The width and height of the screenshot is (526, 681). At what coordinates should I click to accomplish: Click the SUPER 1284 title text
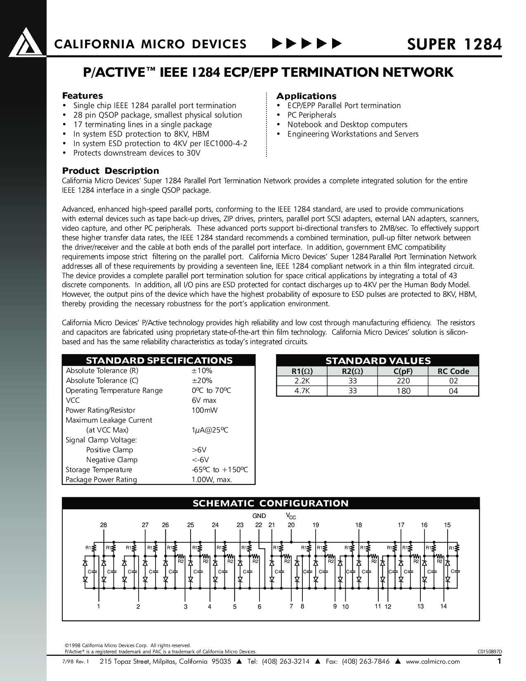pyautogui.click(x=454, y=44)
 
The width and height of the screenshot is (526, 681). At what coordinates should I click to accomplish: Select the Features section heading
pyautogui.click(x=83, y=96)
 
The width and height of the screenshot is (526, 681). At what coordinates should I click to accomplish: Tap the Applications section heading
pyautogui.click(x=306, y=96)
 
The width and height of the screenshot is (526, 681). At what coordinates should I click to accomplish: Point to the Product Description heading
pyautogui.click(x=111, y=171)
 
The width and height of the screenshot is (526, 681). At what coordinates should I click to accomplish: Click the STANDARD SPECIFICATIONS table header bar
pyautogui.click(x=159, y=360)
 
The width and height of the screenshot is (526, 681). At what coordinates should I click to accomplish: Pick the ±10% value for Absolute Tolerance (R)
pyautogui.click(x=202, y=371)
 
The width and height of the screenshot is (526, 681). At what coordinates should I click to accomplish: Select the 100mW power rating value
pyautogui.click(x=204, y=410)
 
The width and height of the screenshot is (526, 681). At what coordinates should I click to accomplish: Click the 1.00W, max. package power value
pyautogui.click(x=212, y=480)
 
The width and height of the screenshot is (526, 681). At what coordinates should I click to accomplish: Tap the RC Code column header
pyautogui.click(x=453, y=371)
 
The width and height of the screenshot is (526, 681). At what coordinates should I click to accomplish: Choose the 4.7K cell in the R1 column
pyautogui.click(x=302, y=391)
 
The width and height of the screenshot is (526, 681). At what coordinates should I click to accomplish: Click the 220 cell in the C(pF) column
pyautogui.click(x=403, y=381)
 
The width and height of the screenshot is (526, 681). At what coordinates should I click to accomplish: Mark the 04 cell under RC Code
pyautogui.click(x=453, y=391)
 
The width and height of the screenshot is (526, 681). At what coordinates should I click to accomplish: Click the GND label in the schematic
pyautogui.click(x=259, y=516)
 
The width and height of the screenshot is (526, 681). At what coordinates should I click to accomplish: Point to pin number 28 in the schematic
pyautogui.click(x=103, y=525)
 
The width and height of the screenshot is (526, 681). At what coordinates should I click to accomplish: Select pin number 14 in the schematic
pyautogui.click(x=443, y=606)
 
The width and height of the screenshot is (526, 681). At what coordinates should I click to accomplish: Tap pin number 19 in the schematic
pyautogui.click(x=316, y=525)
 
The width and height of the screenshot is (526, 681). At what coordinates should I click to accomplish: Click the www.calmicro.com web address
pyautogui.click(x=433, y=662)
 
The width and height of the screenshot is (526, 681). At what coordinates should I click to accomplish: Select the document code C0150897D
pyautogui.click(x=490, y=652)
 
